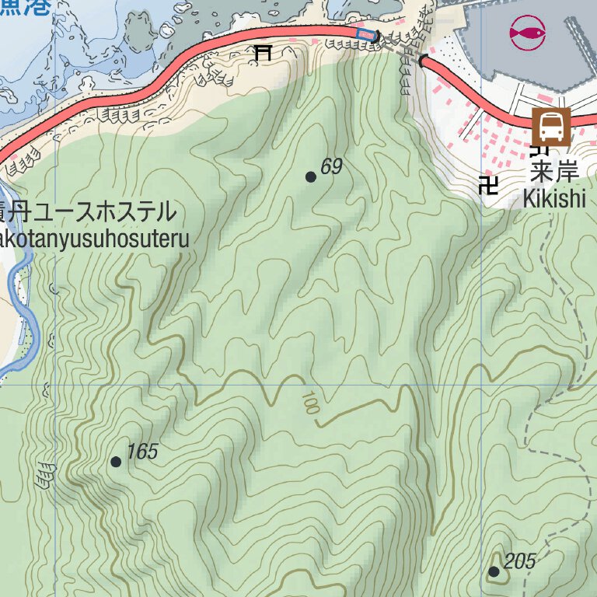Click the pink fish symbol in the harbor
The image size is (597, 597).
click(x=528, y=33)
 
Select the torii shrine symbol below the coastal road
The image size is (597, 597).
click(x=264, y=53)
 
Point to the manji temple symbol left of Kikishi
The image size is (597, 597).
click(x=489, y=185)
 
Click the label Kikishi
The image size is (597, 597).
click(x=553, y=198)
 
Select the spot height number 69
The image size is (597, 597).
click(x=331, y=166)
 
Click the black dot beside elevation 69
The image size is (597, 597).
click(x=311, y=177)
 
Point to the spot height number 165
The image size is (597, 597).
click(x=141, y=452)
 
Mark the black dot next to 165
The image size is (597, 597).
click(x=116, y=462)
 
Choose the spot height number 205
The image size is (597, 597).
click(x=520, y=561)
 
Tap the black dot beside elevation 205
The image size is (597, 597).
click(x=494, y=572)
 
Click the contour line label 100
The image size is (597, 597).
click(x=309, y=403)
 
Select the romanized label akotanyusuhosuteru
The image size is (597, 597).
click(x=94, y=239)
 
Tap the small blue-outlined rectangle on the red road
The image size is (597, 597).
click(x=365, y=33)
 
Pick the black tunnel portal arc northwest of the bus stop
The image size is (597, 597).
click(x=423, y=61)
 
